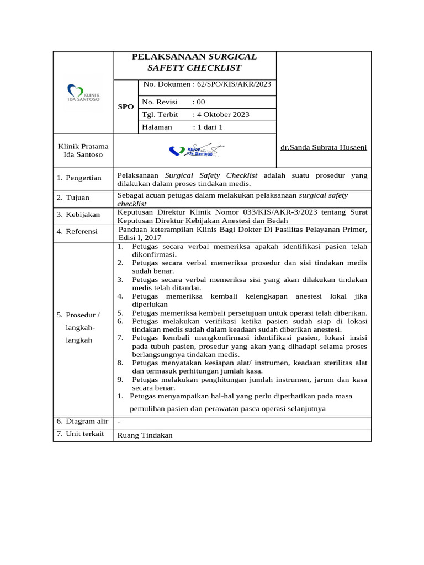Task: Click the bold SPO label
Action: pos(126,106)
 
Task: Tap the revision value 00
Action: pos(199,102)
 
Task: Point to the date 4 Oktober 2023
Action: pos(221,115)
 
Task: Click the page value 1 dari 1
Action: pos(207,127)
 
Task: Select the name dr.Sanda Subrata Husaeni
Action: pos(324,147)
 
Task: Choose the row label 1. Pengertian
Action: pos(79,178)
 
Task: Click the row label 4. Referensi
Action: pos(77,231)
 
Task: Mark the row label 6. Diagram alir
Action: pos(82,421)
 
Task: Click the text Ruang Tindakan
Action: pos(145,435)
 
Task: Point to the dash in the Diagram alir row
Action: pos(119,423)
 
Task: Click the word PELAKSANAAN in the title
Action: pos(168,57)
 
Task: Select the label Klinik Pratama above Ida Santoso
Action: pos(83,146)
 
